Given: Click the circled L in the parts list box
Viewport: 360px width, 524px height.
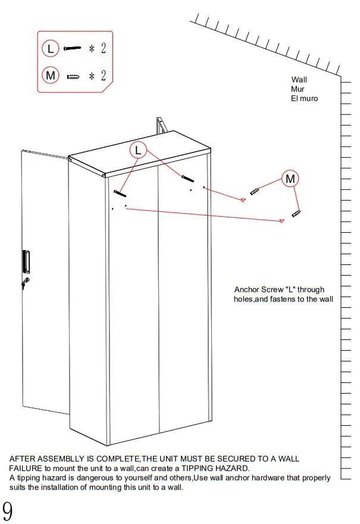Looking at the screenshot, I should coord(51,48).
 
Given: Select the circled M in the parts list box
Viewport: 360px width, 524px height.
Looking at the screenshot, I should coord(51,76).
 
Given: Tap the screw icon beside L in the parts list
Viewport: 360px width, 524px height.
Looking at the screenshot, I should coord(72,48).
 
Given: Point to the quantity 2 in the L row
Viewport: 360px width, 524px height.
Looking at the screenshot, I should coord(103,48).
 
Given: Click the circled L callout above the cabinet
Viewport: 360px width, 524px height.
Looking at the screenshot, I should coord(138,150).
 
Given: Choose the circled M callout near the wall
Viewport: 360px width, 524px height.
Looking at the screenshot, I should coord(290,178).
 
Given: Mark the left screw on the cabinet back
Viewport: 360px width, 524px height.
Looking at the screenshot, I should coord(118,193).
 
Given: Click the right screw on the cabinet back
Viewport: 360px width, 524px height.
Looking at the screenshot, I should coord(188,179).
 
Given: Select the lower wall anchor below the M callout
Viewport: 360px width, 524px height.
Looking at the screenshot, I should coord(296,213).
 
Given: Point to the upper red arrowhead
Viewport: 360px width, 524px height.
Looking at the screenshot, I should coord(243,200).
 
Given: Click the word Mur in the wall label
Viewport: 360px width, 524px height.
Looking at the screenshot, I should coord(298,89).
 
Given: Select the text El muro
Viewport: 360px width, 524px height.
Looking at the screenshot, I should coord(304,98).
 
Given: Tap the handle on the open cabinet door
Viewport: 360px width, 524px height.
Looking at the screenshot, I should coord(26,261).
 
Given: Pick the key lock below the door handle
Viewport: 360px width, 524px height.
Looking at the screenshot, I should coord(24,282).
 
